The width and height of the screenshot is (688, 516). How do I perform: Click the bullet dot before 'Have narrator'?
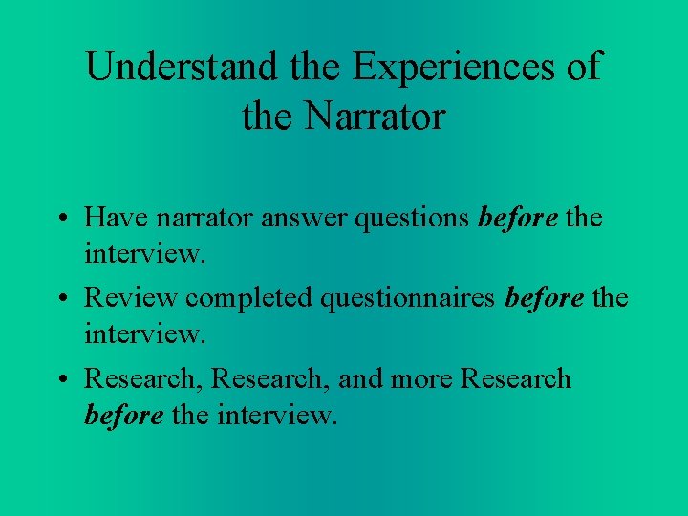click(x=59, y=219)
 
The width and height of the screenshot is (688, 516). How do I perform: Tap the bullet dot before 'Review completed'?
click(x=59, y=299)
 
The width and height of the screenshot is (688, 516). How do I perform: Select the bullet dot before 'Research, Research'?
click(x=59, y=380)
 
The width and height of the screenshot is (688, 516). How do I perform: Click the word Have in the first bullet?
click(x=114, y=217)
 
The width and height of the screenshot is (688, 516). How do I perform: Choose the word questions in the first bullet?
click(x=413, y=217)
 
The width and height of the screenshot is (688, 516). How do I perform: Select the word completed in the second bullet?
click(x=248, y=297)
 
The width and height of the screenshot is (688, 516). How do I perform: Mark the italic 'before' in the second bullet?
click(x=545, y=297)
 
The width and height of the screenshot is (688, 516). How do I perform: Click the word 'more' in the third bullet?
click(x=423, y=378)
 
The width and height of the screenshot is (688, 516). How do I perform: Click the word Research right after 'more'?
click(x=516, y=378)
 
